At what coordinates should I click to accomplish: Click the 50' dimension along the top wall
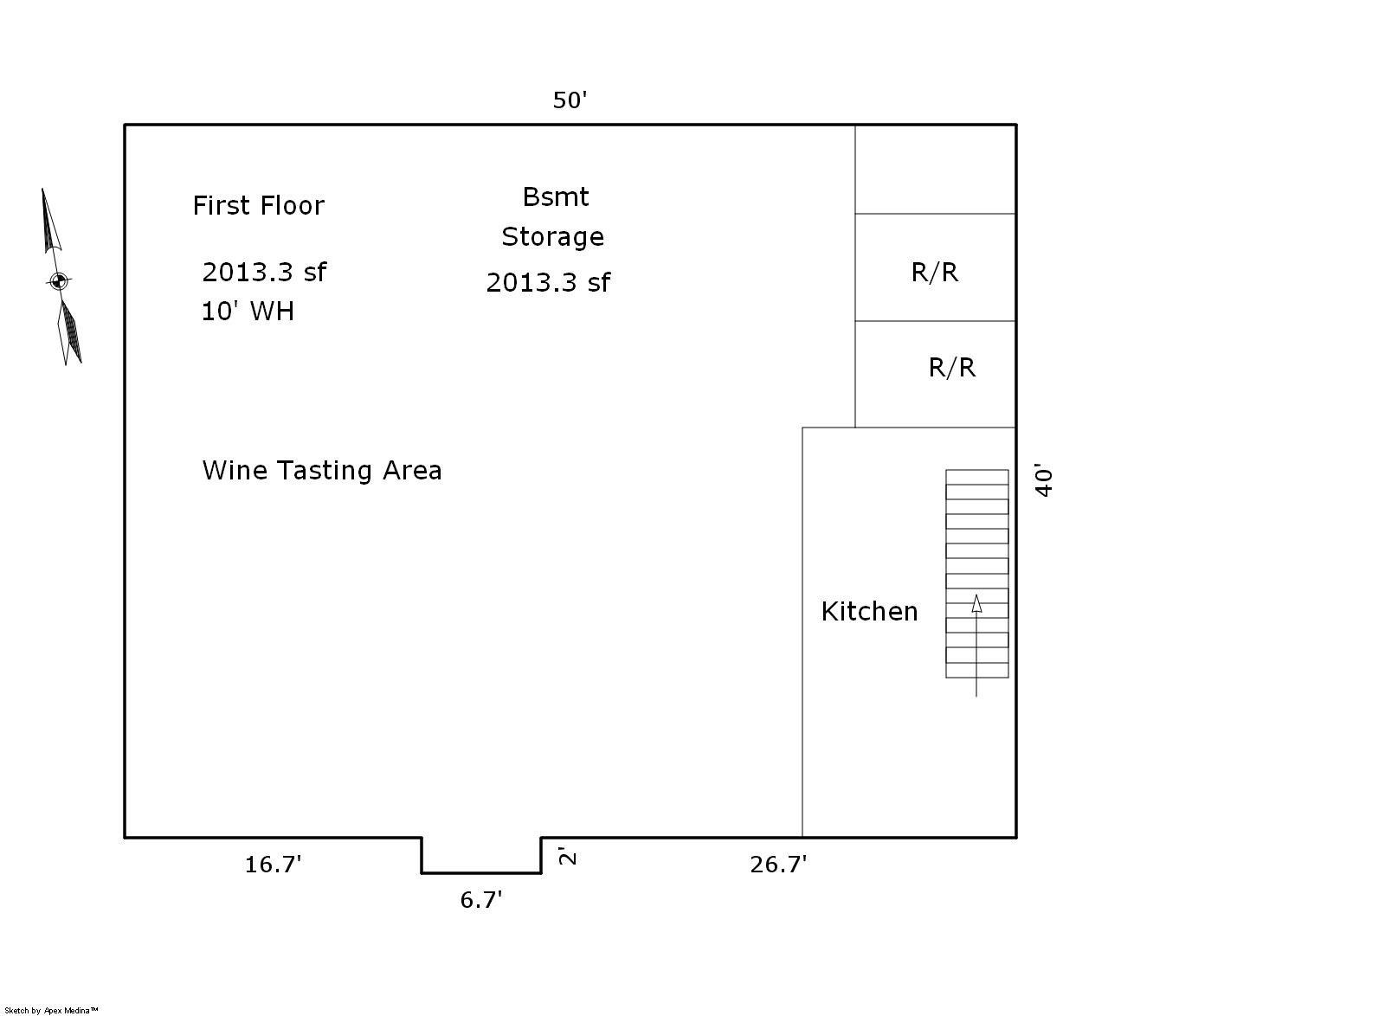point(570,100)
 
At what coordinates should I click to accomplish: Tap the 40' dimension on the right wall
point(1044,480)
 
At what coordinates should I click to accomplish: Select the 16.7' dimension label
point(273,864)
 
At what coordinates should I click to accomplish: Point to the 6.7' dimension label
point(481,900)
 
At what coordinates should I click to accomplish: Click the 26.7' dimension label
point(778,864)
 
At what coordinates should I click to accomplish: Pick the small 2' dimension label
point(567,856)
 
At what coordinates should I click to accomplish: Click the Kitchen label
point(869,611)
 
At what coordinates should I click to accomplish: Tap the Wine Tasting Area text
point(322,470)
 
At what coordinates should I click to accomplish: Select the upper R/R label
point(935,272)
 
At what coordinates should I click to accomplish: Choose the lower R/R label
point(952,368)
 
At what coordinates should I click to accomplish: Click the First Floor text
point(259,205)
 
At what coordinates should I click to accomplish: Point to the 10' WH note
point(248,311)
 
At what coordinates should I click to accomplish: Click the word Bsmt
point(555,197)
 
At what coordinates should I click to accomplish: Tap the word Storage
point(553,237)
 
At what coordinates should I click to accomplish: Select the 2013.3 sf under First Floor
point(264,272)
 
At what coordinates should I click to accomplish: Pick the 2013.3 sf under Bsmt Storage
point(548,282)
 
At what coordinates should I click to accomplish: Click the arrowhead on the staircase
point(976,604)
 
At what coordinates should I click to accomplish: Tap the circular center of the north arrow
point(59,281)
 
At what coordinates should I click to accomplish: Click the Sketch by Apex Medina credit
point(51,1011)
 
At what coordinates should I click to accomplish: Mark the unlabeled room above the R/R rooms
point(935,170)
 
